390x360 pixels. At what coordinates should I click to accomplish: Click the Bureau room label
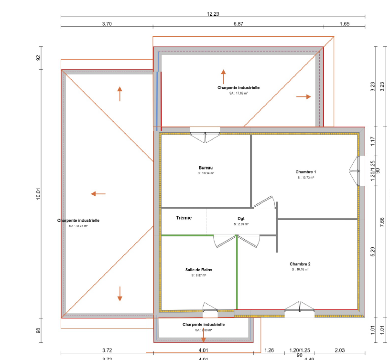coord(206,168)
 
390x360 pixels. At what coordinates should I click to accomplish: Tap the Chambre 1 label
coord(305,172)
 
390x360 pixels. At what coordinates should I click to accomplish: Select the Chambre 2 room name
coord(300,264)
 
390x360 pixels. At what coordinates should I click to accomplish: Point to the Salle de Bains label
coord(199,270)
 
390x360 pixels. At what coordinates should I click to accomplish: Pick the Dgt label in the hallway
coord(241,219)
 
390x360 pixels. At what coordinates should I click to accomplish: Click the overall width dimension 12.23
coord(213,14)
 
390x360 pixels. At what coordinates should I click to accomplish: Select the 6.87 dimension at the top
coord(238,23)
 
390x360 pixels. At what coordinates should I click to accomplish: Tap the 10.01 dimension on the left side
coord(39,194)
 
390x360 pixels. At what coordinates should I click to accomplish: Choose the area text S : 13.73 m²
coord(305,177)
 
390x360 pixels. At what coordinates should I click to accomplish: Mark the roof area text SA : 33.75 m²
coord(78,226)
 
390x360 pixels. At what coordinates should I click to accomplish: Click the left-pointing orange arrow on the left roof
coord(98,194)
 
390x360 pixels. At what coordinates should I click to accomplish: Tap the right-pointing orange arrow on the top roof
coord(303,96)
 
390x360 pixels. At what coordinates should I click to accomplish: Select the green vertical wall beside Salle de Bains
coord(237,272)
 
